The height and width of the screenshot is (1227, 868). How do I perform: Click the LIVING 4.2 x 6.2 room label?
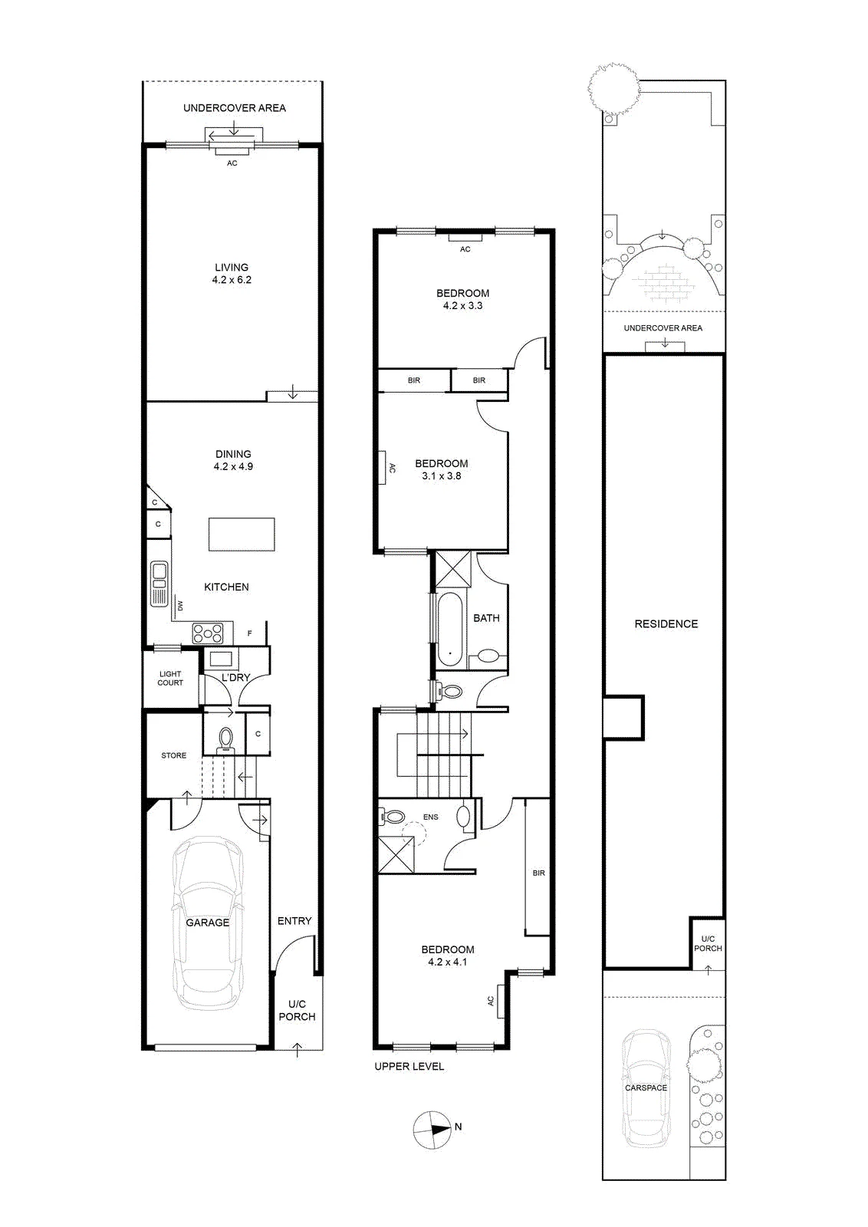coord(232,273)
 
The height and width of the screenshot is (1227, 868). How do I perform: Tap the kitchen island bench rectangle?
coord(242,534)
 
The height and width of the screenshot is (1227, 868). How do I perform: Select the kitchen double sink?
coord(159,584)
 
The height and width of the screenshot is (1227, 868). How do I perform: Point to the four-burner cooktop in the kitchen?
coord(208,633)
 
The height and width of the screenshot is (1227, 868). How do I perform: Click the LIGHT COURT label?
coord(170,678)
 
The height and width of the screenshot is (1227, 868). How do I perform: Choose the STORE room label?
coord(173,755)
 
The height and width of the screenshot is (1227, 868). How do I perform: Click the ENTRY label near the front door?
coord(294,921)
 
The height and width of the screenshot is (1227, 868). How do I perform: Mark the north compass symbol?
coord(432,1129)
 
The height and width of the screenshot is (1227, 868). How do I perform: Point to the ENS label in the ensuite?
coord(430,817)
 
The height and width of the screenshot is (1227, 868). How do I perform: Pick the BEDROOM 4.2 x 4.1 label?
coord(447,956)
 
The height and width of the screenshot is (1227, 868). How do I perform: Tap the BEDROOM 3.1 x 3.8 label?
coord(442,469)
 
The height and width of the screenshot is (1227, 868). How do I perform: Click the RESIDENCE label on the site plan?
coord(666,623)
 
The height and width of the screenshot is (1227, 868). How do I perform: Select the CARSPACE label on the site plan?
coord(646,1088)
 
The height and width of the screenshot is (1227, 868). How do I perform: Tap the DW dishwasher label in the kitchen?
coord(180,606)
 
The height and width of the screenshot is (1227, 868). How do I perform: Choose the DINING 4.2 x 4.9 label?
coord(233,460)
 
